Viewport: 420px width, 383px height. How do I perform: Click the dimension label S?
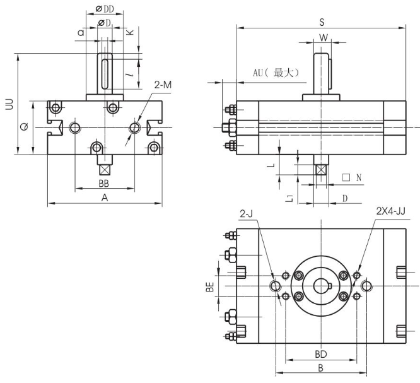coord(322,22)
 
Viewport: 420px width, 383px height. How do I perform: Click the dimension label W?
coord(323,37)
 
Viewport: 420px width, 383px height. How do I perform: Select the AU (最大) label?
coord(275,73)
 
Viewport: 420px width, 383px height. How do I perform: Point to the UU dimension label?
coord(9,105)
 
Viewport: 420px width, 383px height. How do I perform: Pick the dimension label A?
coord(105,197)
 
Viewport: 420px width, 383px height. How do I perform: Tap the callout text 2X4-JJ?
coord(390,210)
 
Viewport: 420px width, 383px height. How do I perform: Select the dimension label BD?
coord(321,354)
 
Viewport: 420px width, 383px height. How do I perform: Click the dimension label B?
coord(320,367)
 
